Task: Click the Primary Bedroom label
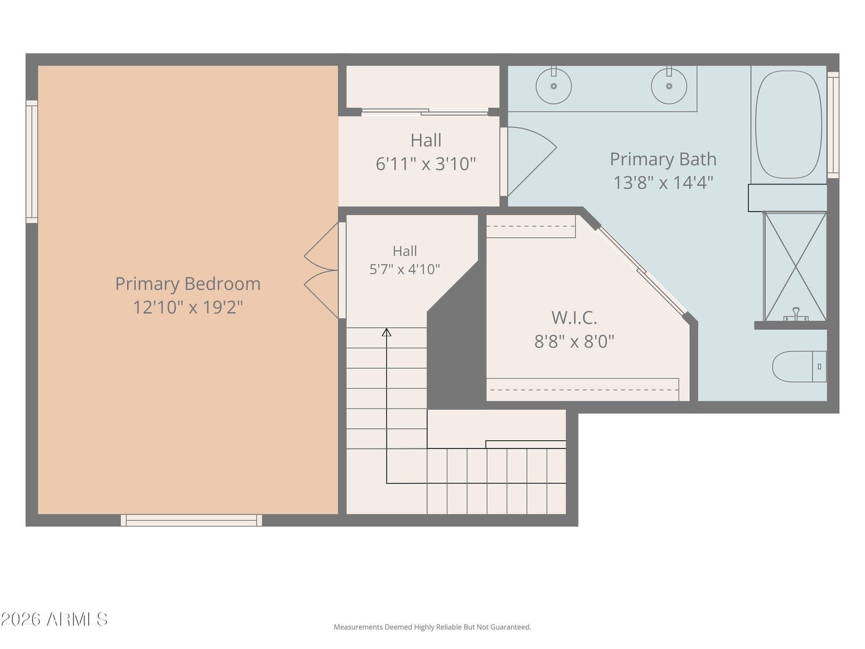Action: tap(188, 284)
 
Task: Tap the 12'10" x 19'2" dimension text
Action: tap(188, 307)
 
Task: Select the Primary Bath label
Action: tap(663, 160)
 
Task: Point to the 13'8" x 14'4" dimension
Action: tap(663, 182)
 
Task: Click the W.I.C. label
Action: tap(574, 317)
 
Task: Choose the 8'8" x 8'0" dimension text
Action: tap(574, 341)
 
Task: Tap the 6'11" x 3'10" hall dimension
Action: tap(425, 163)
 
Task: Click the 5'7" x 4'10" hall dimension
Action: tap(404, 269)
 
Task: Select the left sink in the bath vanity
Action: tap(554, 85)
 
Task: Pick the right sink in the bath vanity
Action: tap(669, 85)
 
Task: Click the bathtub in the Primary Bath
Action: tap(788, 124)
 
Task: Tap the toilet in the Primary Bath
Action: tap(799, 367)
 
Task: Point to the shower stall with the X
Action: tap(795, 267)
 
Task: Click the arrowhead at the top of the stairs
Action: tap(387, 332)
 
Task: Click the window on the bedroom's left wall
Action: tap(32, 162)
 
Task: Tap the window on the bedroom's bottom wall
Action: tap(191, 520)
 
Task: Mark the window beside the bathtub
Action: tap(833, 124)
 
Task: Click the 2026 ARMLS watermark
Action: tap(54, 619)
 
